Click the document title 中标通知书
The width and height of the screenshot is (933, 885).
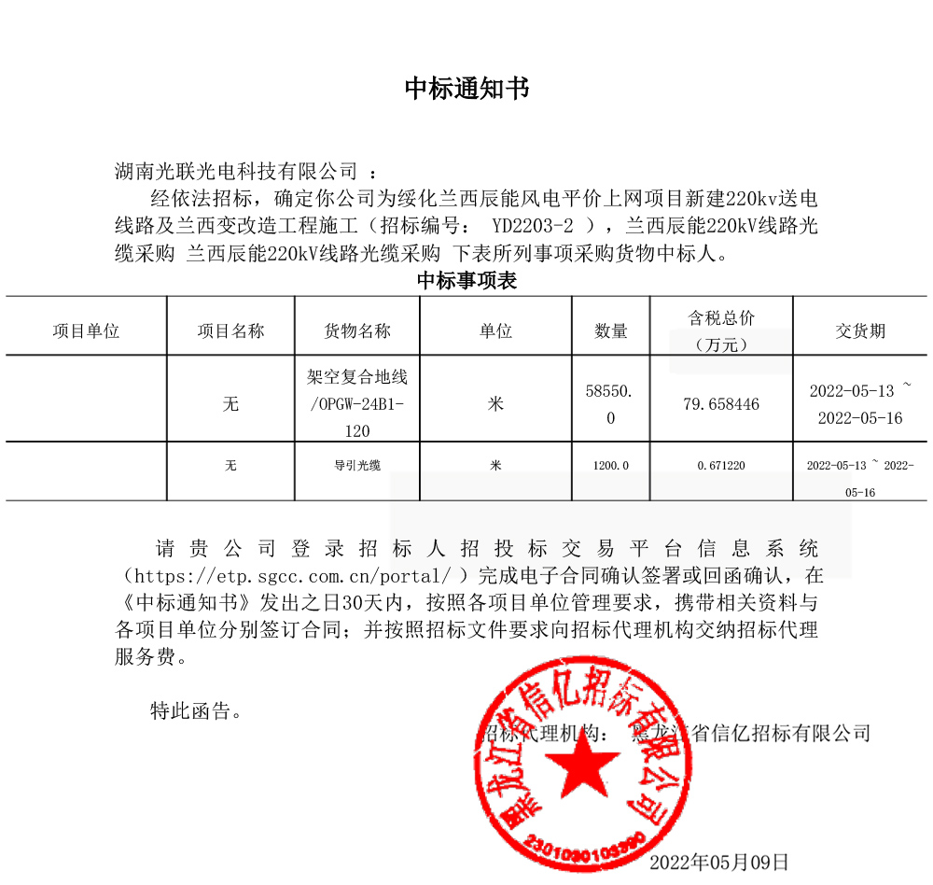pos(466,89)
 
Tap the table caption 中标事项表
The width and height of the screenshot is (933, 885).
pos(466,281)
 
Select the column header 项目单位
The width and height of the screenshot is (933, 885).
pos(86,330)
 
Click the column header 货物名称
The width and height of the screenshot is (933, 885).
pos(357,330)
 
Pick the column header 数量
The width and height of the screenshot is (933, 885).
pos(611,330)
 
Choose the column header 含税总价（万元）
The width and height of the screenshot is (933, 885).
pos(721,330)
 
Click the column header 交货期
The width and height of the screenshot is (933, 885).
pos(860,330)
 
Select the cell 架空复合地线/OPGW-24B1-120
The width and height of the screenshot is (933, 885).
pos(357,403)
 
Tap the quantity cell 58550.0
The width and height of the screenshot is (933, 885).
pos(611,404)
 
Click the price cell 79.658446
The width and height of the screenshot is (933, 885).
pos(721,404)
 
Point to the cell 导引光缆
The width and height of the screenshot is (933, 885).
pos(357,465)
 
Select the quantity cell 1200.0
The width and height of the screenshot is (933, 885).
pos(611,465)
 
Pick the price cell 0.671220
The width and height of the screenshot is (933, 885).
pos(721,465)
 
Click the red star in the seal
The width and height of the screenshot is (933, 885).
pos(581,762)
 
